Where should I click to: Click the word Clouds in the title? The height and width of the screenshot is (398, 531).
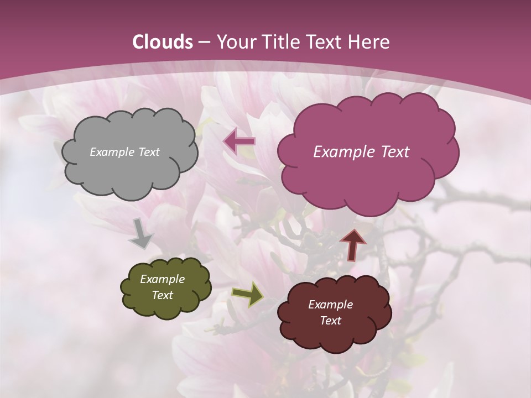(x=162, y=42)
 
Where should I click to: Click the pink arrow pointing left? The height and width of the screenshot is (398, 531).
(x=240, y=141)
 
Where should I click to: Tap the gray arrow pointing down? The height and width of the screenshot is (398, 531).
(x=141, y=234)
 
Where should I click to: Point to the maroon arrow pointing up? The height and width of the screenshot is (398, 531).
(x=353, y=244)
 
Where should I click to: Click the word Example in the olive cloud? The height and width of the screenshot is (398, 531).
(x=162, y=279)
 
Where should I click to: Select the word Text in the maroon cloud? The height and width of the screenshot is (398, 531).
(x=330, y=321)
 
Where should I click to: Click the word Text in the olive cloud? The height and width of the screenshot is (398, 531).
(x=162, y=295)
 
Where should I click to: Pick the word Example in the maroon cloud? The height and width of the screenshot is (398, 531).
(x=330, y=305)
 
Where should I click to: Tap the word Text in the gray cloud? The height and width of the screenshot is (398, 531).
(x=149, y=152)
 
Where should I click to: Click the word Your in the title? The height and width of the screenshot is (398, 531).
(x=235, y=42)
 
